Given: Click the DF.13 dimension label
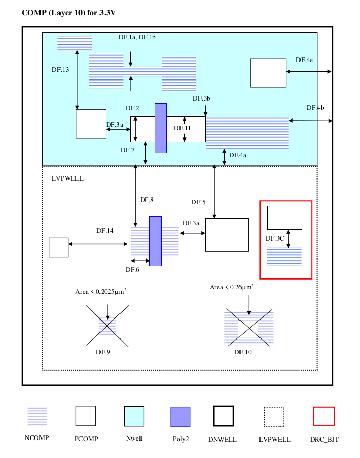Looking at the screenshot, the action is [60, 70].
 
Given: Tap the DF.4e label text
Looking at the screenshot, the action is [304, 60].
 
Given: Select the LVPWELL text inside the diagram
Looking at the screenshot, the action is [68, 178].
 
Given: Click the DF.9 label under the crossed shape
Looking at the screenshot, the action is [103, 352].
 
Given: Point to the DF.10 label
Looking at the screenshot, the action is [243, 352].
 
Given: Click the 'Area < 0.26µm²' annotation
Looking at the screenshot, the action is [231, 287].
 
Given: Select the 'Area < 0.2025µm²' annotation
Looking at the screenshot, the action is [101, 291].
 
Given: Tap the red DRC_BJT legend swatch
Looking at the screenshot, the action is [324, 416].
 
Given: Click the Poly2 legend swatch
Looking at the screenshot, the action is [181, 417].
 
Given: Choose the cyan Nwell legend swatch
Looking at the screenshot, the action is [134, 416].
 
